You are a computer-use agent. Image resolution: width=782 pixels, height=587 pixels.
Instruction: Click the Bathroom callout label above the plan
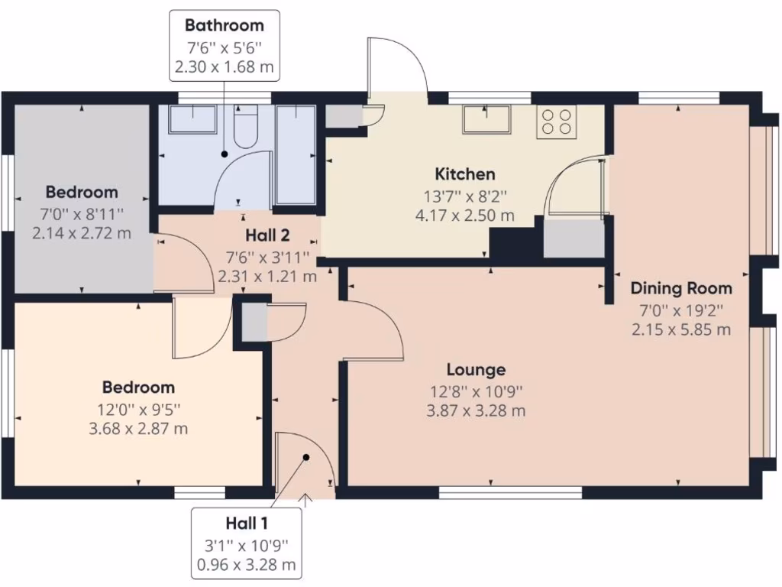pos(224,26)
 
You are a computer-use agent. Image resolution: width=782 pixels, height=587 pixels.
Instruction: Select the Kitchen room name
pos(465,174)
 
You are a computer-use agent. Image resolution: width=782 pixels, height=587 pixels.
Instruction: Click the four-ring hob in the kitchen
pos(556,121)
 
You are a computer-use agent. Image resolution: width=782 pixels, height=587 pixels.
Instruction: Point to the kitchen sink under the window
pos(486,118)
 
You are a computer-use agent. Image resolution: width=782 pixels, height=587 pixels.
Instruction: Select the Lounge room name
pos(476,371)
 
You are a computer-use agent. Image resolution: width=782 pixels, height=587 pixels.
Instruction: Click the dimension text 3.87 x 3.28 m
pos(476,411)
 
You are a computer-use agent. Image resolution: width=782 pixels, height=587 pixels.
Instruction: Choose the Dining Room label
pos(680,289)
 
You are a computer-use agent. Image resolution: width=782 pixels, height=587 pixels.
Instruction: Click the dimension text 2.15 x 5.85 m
pos(680,329)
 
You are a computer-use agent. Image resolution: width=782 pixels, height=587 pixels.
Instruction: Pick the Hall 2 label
pos(267,235)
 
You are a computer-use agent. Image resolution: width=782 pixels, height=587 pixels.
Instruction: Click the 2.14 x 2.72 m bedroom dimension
pos(82,232)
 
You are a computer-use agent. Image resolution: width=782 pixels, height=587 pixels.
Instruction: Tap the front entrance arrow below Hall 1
pos(306,501)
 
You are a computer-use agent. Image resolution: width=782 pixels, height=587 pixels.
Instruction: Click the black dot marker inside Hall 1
pos(306,457)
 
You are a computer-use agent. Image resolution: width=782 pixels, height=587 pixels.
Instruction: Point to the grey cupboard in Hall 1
pos(255,321)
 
